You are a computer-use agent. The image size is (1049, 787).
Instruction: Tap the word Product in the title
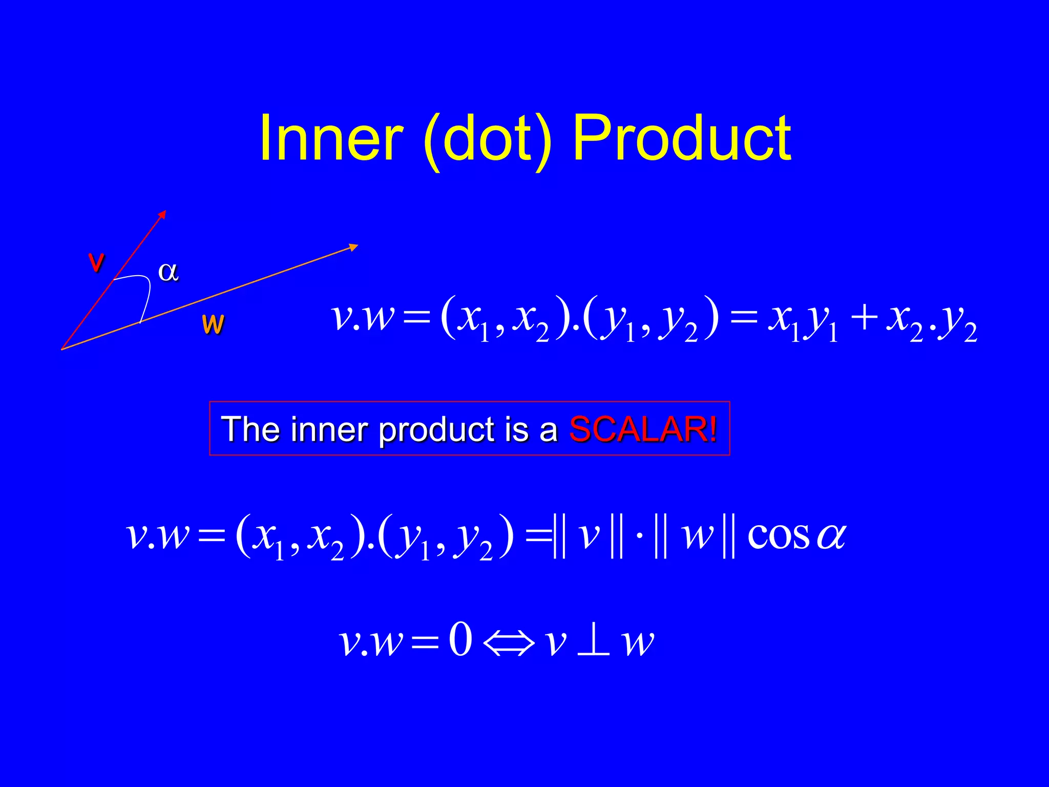[x=682, y=138]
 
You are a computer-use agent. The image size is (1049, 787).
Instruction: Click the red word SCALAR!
[x=643, y=429]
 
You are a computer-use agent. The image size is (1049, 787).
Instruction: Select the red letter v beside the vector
[x=96, y=262]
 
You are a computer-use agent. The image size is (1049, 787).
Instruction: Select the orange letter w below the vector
[x=213, y=324]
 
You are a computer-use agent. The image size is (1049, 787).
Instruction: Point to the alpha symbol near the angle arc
[x=169, y=271]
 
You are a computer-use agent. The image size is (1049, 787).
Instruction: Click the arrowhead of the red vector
[x=162, y=214]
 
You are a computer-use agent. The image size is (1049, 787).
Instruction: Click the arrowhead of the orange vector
[x=353, y=247]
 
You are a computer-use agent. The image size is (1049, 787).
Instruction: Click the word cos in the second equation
[x=779, y=536]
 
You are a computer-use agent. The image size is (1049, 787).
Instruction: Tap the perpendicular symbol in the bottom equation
[x=593, y=641]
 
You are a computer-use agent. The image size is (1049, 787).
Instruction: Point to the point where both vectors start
[x=62, y=349]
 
